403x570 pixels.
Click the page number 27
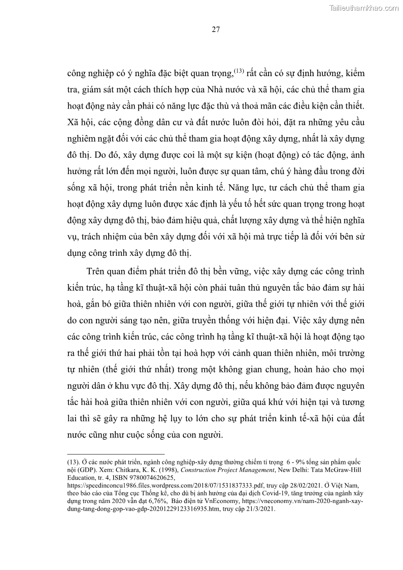click(x=215, y=29)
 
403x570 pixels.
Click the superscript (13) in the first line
click(x=239, y=71)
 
